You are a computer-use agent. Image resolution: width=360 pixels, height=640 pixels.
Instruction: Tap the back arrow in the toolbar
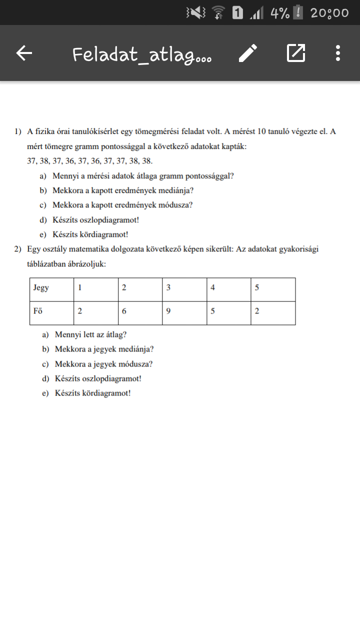pyautogui.click(x=24, y=53)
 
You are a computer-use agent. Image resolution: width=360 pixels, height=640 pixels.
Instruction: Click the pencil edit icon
pyautogui.click(x=248, y=53)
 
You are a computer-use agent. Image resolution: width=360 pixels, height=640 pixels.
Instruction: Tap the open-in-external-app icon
pyautogui.click(x=295, y=53)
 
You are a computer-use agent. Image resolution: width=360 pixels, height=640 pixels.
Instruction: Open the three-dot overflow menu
pyautogui.click(x=338, y=53)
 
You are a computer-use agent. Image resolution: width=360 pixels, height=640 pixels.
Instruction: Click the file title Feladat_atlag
pyautogui.click(x=142, y=54)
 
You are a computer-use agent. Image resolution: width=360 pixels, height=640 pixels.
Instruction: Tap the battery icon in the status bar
pyautogui.click(x=298, y=12)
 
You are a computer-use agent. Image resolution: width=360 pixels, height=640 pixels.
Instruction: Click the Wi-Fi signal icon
pyautogui.click(x=218, y=12)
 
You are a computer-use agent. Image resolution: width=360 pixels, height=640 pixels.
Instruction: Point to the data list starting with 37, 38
pyautogui.click(x=90, y=161)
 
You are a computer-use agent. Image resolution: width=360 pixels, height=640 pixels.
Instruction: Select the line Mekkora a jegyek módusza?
pyautogui.click(x=103, y=364)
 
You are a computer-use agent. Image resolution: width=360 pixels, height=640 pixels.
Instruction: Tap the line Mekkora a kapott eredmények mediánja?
pyautogui.click(x=123, y=190)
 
